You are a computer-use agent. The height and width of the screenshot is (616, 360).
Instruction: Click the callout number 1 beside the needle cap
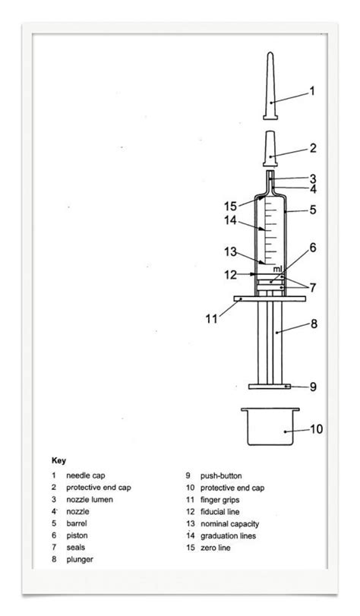[311, 93]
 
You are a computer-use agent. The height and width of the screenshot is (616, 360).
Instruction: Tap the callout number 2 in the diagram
[313, 148]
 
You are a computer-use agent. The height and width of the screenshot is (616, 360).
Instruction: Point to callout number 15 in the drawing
[229, 205]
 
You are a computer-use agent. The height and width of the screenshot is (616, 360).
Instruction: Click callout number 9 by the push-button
[313, 387]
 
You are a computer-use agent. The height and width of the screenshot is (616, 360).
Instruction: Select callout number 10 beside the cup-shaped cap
[316, 429]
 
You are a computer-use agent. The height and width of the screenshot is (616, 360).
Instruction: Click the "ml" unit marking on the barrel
[278, 269]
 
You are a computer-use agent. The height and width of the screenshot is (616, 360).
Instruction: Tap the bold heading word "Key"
[58, 460]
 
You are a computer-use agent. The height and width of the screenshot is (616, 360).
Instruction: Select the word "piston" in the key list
[77, 535]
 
